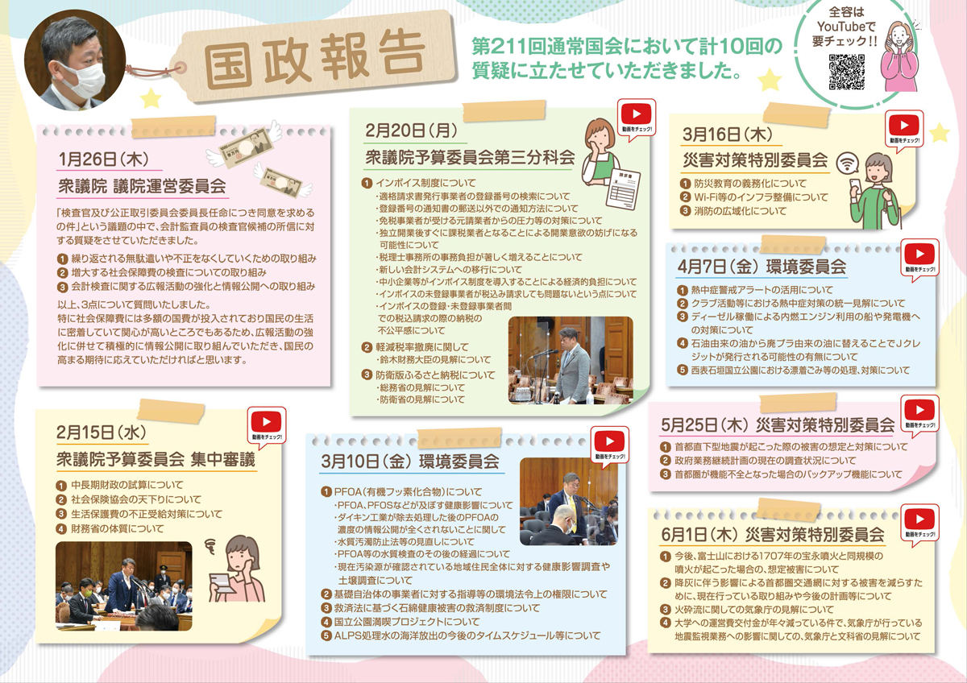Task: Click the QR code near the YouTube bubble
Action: pos(847,71)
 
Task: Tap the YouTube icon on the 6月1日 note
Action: pos(919,519)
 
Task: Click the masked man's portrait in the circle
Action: pos(74,62)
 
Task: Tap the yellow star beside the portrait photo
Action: pos(149,99)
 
